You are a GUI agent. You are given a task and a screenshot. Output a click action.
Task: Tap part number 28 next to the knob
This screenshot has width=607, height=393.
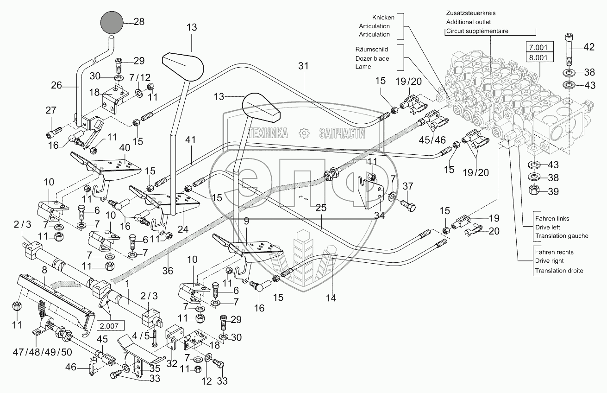pos(139,21)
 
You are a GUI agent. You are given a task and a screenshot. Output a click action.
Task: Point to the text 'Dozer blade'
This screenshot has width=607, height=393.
pos(372,58)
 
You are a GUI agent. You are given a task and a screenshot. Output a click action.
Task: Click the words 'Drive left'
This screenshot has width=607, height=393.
pos(552,227)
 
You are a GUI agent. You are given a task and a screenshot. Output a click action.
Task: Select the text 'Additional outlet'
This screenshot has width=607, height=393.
pos(468,22)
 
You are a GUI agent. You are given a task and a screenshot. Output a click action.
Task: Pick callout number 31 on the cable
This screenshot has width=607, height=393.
pos(303,66)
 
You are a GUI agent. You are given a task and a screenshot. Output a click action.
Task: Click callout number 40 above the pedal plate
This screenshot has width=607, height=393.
pos(112,148)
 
